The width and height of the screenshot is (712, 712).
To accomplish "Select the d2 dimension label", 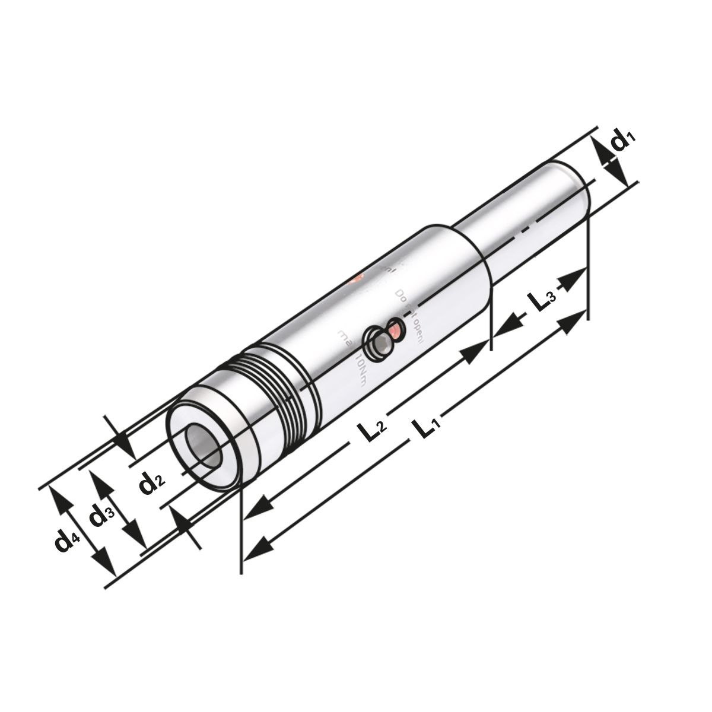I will [151, 484].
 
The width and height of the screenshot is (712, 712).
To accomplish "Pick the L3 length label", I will [541, 301].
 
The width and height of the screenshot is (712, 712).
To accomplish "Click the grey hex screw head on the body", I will [378, 343].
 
